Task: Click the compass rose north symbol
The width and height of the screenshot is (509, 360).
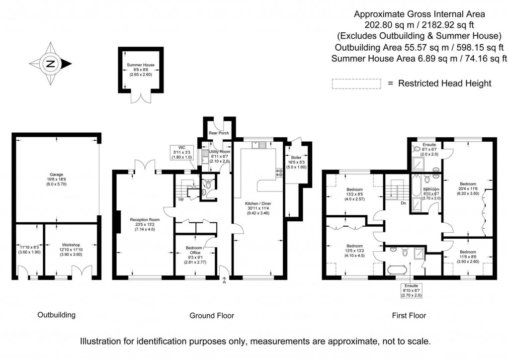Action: [51, 64]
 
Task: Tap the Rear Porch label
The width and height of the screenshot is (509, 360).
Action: [216, 132]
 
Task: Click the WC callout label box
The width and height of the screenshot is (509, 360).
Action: [182, 152]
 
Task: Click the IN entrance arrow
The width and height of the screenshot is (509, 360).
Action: [224, 281]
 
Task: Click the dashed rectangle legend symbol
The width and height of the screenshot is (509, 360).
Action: [356, 84]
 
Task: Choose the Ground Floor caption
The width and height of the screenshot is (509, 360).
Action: [212, 315]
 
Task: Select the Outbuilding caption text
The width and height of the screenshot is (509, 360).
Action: [57, 315]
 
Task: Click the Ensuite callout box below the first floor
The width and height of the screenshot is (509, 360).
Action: [411, 290]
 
